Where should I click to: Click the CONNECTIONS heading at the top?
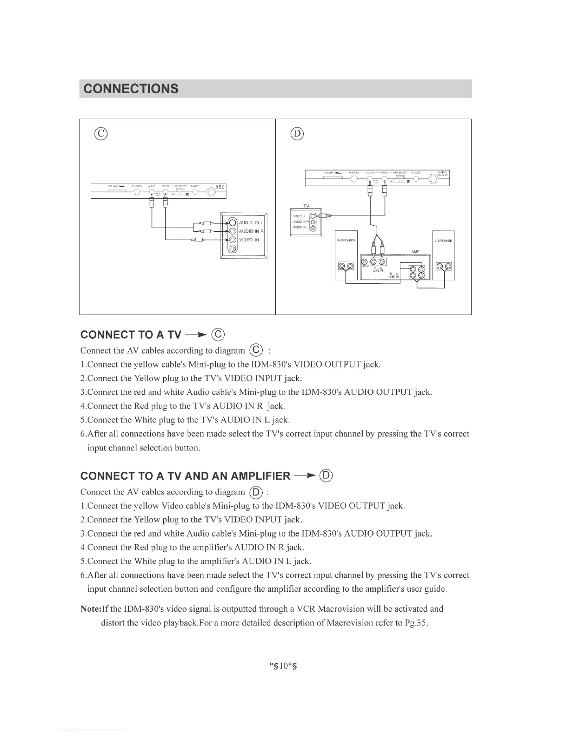(x=130, y=89)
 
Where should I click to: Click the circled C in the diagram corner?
(x=101, y=134)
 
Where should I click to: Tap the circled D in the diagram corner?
(x=296, y=134)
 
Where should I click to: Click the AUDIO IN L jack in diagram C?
(x=233, y=222)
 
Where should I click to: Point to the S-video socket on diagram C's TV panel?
(x=233, y=249)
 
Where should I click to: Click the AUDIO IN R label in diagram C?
(x=251, y=231)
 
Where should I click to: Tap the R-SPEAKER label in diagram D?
(x=346, y=240)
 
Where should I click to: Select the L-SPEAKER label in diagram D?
(x=443, y=240)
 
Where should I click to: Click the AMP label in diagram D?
(x=415, y=251)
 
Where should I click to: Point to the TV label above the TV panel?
(x=306, y=206)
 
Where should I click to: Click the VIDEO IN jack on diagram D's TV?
(x=314, y=215)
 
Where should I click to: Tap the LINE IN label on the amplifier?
(x=378, y=271)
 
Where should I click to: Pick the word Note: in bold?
(x=91, y=609)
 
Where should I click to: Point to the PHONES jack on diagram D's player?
(x=354, y=178)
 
